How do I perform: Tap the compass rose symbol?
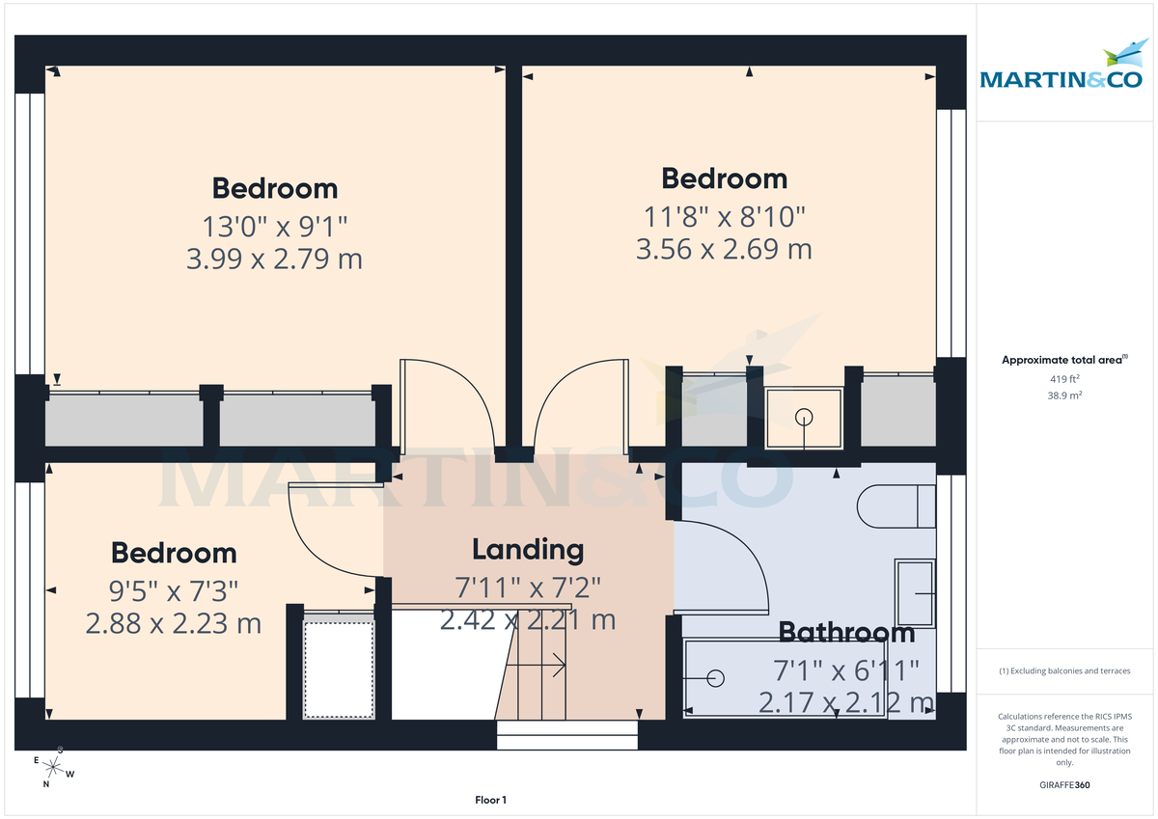click(55, 769)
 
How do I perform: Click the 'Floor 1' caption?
click(490, 800)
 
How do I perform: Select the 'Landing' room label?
click(528, 550)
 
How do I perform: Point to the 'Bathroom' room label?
click(846, 633)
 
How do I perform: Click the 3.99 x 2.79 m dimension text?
click(273, 259)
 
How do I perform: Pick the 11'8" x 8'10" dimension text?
click(724, 216)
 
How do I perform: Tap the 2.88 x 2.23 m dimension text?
click(174, 623)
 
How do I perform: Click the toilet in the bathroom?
click(896, 505)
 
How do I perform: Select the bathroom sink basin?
click(915, 592)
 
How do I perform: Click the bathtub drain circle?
click(715, 679)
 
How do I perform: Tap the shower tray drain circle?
click(804, 418)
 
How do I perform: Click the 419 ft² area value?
click(1064, 379)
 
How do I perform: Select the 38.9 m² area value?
click(1064, 396)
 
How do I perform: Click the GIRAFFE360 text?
click(1064, 785)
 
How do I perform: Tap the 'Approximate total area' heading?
click(1063, 360)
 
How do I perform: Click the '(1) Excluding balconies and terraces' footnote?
click(1064, 670)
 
